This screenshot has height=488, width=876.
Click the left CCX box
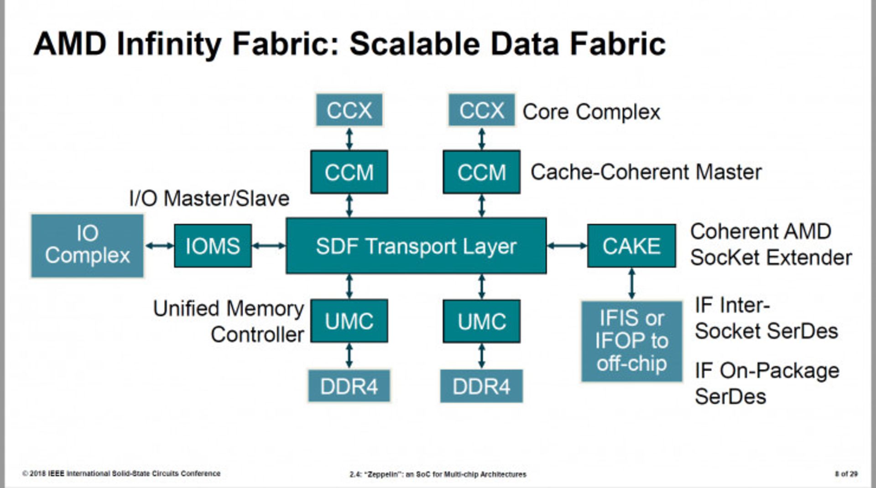tap(349, 110)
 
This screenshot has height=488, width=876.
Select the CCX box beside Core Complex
tap(481, 110)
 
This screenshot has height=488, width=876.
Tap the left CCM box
tap(349, 172)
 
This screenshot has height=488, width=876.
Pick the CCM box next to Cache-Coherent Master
tap(481, 172)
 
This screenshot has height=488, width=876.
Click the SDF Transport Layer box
tap(416, 246)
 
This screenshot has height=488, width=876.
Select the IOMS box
tap(213, 246)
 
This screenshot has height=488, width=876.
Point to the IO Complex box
tap(87, 246)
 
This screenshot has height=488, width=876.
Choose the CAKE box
tap(631, 246)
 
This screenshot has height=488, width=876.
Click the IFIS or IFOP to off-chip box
tap(631, 341)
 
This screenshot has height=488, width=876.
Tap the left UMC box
tap(349, 321)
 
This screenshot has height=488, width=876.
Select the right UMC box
tap(481, 321)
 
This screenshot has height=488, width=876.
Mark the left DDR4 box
tap(349, 386)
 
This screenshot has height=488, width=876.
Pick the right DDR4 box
tap(481, 386)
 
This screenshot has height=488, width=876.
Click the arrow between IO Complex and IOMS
tap(159, 246)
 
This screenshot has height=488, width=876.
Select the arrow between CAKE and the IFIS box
tap(631, 283)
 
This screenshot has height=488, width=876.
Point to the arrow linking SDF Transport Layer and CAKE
tap(567, 246)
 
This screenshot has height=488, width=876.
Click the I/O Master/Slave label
tap(209, 199)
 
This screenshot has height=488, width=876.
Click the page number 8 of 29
tap(846, 474)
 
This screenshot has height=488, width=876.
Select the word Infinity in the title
tap(169, 45)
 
